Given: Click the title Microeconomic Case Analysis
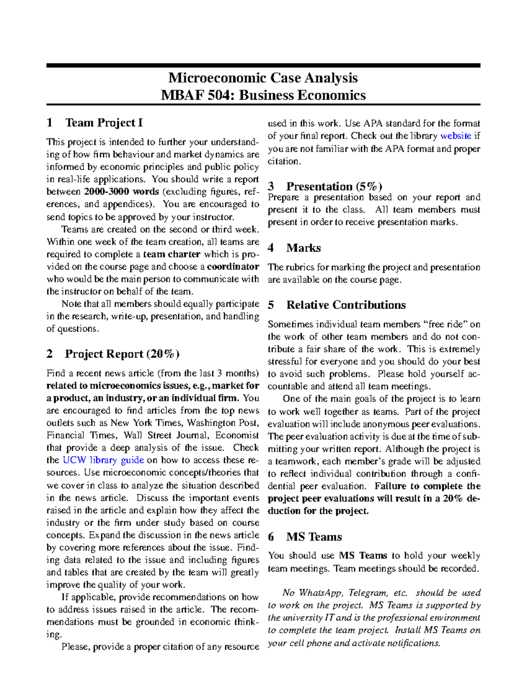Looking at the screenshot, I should click(x=263, y=78).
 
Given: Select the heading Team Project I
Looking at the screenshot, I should click(x=104, y=123).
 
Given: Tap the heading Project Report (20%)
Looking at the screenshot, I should click(x=122, y=354).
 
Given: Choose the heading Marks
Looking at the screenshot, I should click(x=303, y=248).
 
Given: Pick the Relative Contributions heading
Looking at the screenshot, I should click(x=346, y=305).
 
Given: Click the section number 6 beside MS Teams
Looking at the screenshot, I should click(x=271, y=537).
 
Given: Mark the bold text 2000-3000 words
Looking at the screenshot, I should click(x=121, y=192).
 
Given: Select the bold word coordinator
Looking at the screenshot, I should click(x=233, y=267).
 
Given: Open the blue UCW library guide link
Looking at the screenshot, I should click(x=103, y=460).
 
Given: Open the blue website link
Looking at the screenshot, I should click(x=455, y=136).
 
